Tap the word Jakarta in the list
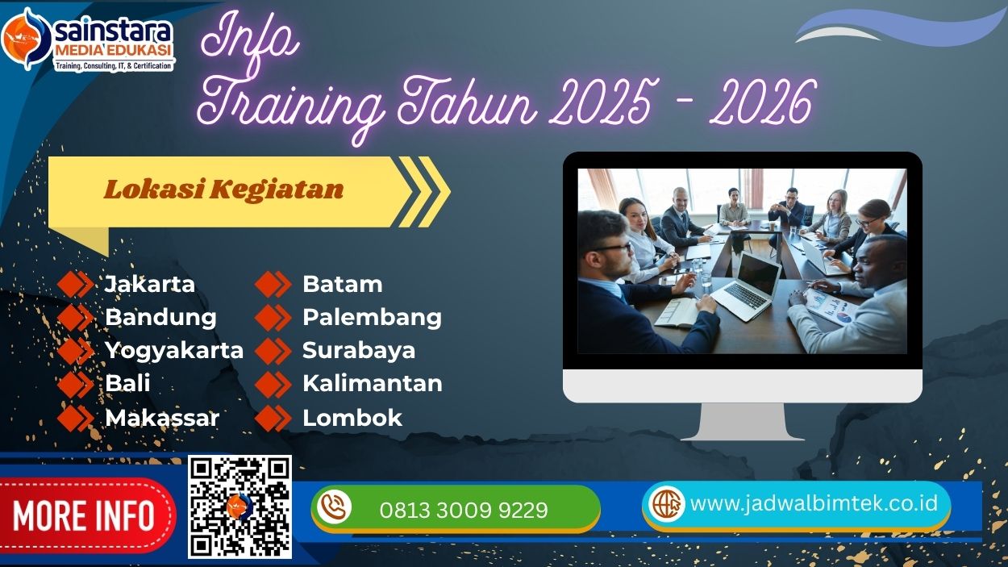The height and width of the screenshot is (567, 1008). [x=150, y=284]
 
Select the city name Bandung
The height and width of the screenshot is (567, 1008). [x=160, y=317]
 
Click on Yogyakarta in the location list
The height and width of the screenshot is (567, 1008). [x=174, y=350]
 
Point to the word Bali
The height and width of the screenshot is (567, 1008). [x=127, y=383]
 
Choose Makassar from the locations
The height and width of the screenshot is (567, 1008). [x=162, y=418]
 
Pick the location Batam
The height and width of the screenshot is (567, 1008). [x=342, y=284]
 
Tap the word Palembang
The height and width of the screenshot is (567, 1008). [x=372, y=317]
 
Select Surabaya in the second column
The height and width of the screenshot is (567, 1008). [x=359, y=350]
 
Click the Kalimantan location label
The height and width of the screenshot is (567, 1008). [x=372, y=383]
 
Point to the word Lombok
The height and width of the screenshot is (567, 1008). [x=352, y=418]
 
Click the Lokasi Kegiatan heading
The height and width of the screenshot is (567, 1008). [x=223, y=190]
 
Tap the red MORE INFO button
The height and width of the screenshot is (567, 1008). [x=84, y=515]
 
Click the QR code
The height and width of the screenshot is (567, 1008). [x=240, y=507]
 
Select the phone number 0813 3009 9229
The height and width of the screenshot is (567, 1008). [x=464, y=511]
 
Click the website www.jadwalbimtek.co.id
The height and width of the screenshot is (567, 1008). [x=814, y=503]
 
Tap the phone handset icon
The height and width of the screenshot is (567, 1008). [x=333, y=507]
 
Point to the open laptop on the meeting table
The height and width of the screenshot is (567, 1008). [x=746, y=287]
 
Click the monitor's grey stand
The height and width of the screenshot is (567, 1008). [x=742, y=422]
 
